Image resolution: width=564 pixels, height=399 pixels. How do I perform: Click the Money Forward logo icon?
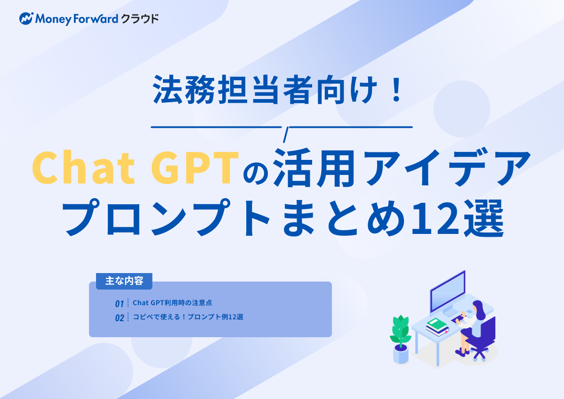(x=26, y=19)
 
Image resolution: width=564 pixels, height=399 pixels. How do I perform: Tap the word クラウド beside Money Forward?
(x=139, y=19)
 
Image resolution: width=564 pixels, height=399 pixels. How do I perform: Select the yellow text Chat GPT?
(x=133, y=169)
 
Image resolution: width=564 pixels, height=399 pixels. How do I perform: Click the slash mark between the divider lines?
(x=284, y=134)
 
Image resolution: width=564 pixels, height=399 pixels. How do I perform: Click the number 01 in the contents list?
(x=120, y=303)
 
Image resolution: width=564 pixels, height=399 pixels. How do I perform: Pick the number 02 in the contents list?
(x=120, y=318)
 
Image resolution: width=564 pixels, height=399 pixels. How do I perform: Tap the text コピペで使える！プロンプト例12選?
(x=188, y=317)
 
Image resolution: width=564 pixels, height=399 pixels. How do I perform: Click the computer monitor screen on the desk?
(x=447, y=290)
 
